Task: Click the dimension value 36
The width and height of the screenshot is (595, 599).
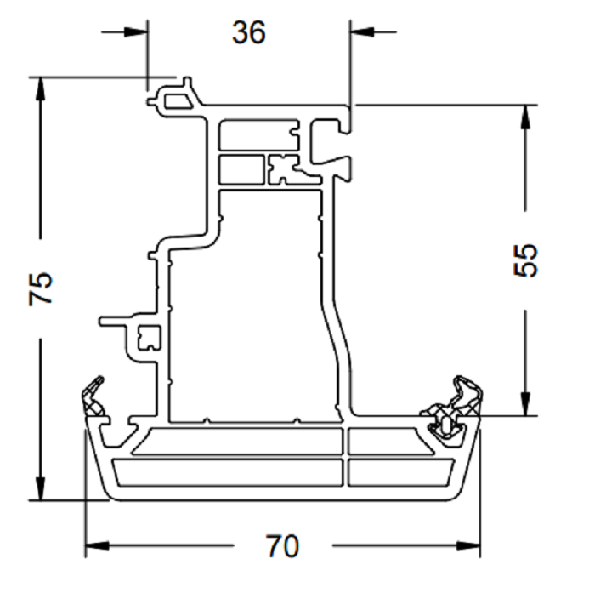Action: point(249,32)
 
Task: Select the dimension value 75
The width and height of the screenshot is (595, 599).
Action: point(41,289)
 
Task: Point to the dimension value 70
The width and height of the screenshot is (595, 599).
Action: point(281,545)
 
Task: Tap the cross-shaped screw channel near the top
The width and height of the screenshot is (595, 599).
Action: point(283,168)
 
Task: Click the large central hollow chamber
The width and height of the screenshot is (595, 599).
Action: point(255,306)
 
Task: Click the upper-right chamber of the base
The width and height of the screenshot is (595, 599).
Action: point(387,441)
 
